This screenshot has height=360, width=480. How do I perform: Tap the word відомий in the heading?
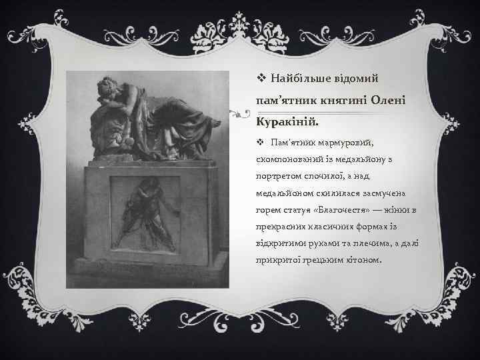(361, 79)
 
